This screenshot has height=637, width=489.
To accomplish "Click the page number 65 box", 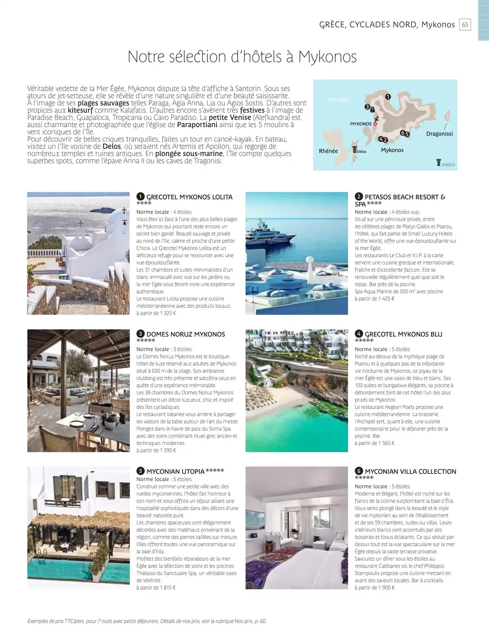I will [465, 24].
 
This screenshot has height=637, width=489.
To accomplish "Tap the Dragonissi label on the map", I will [439, 134].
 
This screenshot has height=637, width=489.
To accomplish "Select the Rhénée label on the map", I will [328, 151].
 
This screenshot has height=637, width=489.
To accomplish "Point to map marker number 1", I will [388, 97].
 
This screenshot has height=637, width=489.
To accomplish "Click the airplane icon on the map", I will [377, 119].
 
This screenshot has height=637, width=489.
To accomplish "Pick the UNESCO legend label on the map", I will [447, 165].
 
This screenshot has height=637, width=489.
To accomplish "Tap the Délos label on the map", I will [361, 152].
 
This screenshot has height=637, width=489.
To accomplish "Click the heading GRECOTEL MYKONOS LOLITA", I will [189, 197].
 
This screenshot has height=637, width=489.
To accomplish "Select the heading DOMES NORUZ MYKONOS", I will [185, 334].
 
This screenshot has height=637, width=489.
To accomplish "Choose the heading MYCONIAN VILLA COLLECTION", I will [410, 472].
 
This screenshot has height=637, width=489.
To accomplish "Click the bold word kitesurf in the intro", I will [80, 110].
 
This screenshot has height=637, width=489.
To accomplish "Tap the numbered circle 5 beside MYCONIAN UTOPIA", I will [140, 471].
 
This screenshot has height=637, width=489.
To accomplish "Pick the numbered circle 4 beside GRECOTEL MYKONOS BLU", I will [359, 334].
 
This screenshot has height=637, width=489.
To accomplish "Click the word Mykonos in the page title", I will [327, 57].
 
